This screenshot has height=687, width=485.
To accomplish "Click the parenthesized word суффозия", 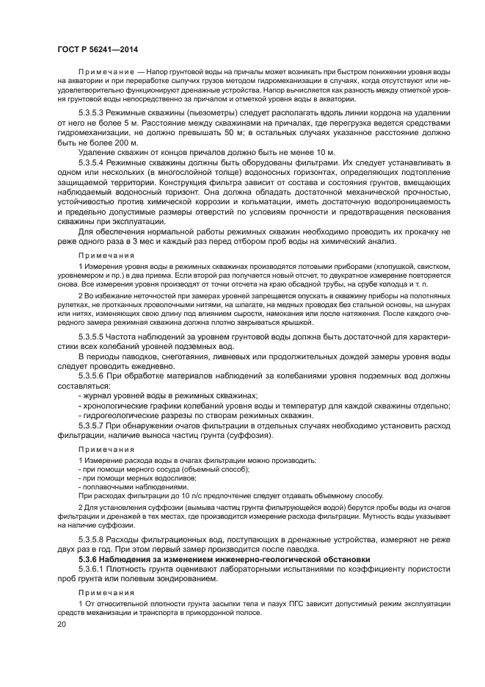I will click(248, 436).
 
